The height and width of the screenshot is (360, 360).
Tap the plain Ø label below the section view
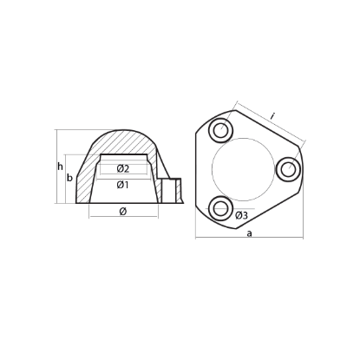point(122,211)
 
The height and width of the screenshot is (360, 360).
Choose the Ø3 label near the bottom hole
point(241,214)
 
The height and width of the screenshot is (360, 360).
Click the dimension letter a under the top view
point(249,234)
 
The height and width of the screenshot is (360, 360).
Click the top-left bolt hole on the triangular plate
point(220,131)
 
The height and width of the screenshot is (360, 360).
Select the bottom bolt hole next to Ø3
point(220,206)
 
